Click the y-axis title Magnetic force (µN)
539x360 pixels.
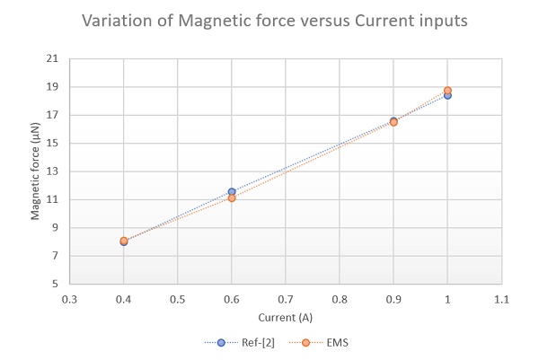(36, 171)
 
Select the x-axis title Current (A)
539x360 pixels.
(286, 317)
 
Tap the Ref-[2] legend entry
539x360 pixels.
(235, 342)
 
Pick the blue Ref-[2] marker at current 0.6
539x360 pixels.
(232, 191)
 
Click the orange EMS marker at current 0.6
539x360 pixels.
(232, 198)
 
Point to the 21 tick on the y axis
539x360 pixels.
(52, 59)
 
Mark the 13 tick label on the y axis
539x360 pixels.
(52, 171)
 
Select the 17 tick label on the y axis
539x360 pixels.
(52, 115)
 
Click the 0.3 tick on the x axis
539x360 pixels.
(69, 297)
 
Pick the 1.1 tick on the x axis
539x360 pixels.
(501, 297)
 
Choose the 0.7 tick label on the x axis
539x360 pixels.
(286, 297)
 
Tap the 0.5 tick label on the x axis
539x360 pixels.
(178, 297)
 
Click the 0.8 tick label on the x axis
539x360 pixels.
(340, 297)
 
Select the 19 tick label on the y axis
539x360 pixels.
(52, 87)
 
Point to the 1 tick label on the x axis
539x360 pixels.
(447, 297)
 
